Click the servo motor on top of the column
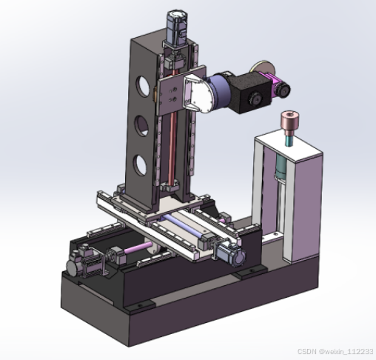(x=177, y=27)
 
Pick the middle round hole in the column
(x=142, y=126)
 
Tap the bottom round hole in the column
(x=140, y=165)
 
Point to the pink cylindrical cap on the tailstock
(x=289, y=121)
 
